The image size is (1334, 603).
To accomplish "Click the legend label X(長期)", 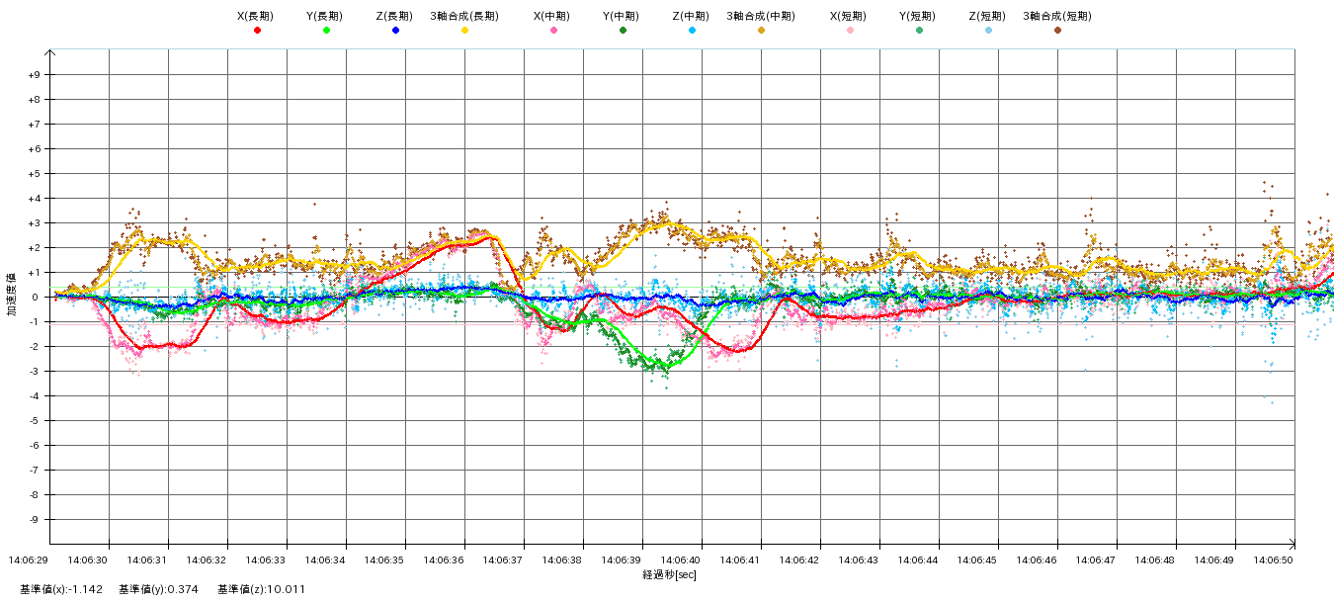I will (x=257, y=16).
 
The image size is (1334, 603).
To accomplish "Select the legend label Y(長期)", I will (x=326, y=16).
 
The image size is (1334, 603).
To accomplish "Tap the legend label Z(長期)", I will (x=395, y=16).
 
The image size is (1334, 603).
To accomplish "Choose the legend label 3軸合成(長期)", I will (x=464, y=16).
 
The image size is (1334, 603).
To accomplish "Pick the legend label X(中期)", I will (x=553, y=16).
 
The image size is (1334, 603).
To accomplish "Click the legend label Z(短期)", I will (x=988, y=16).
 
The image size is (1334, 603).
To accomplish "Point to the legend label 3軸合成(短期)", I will (x=1057, y=16).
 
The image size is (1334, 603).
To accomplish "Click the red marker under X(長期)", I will (x=257, y=31).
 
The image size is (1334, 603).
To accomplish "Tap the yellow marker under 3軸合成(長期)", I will (x=464, y=31).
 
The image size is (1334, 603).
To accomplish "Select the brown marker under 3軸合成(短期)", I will (x=1057, y=31).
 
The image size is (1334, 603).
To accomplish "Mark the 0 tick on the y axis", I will (x=37, y=298).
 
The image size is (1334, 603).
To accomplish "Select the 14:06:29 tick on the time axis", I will (x=29, y=560).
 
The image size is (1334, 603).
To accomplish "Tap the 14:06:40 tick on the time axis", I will (x=681, y=560).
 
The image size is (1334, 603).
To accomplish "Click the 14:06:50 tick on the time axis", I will (x=1274, y=560).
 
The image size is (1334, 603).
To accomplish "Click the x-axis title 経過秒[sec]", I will (x=669, y=574).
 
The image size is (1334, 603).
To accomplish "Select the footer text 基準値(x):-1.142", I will (x=61, y=589).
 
